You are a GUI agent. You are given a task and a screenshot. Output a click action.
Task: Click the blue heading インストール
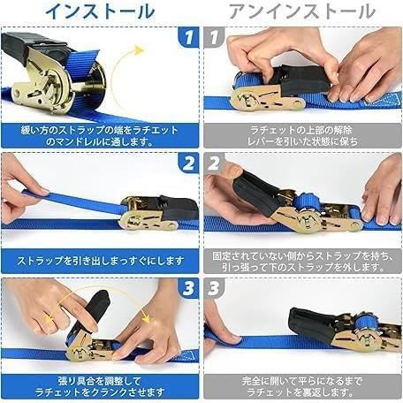point(100,11)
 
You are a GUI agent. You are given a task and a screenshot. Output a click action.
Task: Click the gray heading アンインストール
point(302,11)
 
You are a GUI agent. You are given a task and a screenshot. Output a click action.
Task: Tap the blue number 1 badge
point(188,37)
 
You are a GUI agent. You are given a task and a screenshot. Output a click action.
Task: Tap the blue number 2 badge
point(188,163)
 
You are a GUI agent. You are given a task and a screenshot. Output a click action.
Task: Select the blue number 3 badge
point(188,288)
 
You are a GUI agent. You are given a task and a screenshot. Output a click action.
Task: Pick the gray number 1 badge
point(214,37)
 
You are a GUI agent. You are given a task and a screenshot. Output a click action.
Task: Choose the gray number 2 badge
point(214,163)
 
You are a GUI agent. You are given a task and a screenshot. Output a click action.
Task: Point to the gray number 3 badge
point(214,288)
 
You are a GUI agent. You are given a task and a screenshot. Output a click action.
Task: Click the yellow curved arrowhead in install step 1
point(138,49)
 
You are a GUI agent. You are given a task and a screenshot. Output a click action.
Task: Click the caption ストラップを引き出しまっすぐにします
point(100,261)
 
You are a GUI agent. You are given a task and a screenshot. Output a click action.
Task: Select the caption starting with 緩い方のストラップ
point(100,136)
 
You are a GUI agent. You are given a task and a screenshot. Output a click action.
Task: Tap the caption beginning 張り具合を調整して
point(100,386)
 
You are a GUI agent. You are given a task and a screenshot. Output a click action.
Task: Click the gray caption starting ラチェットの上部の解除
point(302,136)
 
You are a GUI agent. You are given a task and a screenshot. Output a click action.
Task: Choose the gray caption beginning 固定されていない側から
point(302,262)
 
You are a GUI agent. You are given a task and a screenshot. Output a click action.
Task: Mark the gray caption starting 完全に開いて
point(302,386)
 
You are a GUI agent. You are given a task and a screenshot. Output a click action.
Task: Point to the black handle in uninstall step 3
point(312,324)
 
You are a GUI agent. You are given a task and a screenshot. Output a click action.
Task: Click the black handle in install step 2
point(179,208)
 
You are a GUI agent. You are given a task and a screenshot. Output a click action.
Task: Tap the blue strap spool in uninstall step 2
point(307,203)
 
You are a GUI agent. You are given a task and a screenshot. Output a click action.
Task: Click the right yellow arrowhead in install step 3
point(146,318)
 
